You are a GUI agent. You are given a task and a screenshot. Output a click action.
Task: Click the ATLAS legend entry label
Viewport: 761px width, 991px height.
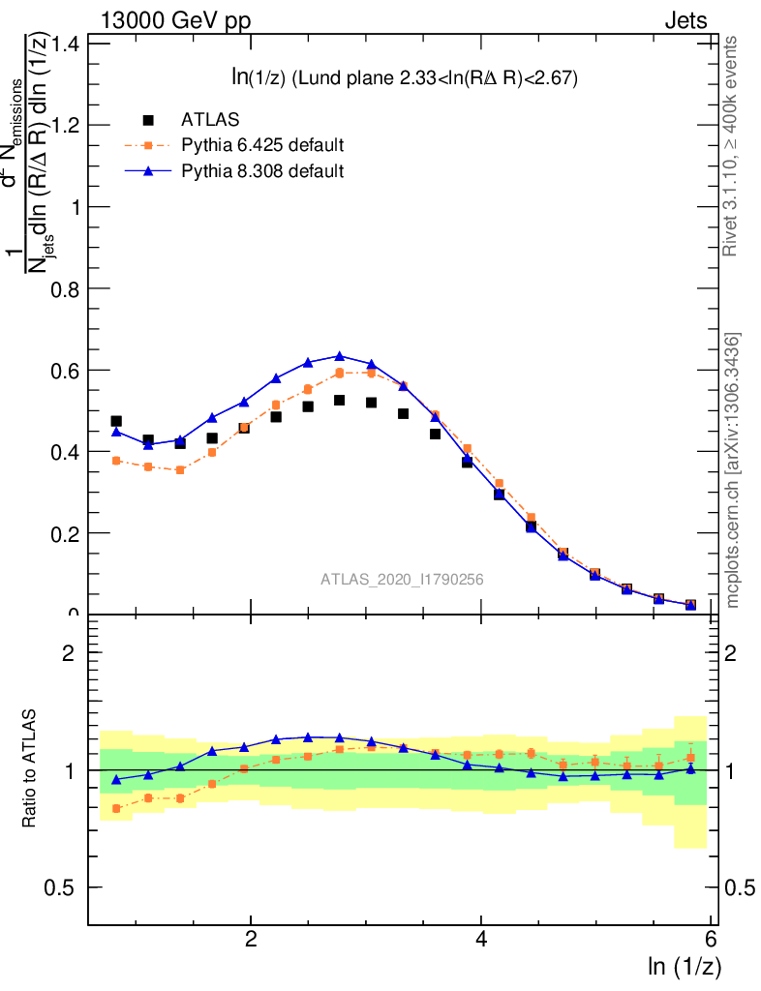point(210,120)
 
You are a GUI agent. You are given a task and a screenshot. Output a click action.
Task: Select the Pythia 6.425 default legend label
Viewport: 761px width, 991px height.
point(262,145)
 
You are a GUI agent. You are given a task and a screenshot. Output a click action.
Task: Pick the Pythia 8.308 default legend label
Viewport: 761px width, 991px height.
point(262,171)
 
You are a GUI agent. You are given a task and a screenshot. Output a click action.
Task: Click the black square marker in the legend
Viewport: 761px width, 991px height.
point(148,120)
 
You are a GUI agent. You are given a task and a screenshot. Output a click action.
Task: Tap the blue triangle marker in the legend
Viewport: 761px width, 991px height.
point(148,171)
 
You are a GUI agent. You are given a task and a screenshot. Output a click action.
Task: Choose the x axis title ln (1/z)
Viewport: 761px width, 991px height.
point(685,966)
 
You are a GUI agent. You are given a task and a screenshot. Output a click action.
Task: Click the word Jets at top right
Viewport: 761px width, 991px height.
point(685,20)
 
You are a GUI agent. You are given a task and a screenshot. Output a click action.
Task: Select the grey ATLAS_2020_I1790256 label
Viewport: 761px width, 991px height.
point(402,580)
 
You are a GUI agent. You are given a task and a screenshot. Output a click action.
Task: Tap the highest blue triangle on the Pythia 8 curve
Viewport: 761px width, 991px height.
point(340,356)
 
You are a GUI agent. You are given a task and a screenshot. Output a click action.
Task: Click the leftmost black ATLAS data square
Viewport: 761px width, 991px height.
point(116,421)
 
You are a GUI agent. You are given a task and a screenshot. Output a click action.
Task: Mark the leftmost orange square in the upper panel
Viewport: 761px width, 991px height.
point(116,461)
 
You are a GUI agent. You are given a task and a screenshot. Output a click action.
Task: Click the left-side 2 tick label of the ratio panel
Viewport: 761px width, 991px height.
point(69,652)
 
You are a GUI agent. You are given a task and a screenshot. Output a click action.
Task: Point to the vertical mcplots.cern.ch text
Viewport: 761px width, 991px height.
point(733,470)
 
